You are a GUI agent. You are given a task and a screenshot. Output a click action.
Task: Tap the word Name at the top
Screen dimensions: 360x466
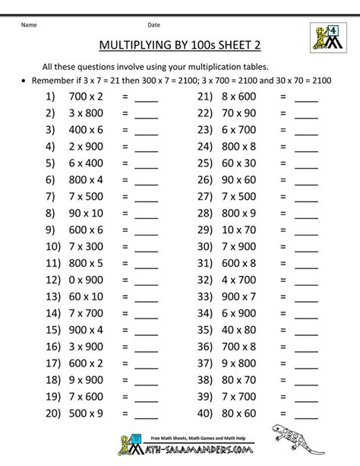click(29, 24)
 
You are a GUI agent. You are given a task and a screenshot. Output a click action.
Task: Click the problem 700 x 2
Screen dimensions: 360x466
click(80, 97)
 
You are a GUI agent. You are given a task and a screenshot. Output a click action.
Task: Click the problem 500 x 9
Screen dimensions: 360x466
click(80, 414)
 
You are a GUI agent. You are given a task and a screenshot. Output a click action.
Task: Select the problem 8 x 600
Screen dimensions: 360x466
click(240, 97)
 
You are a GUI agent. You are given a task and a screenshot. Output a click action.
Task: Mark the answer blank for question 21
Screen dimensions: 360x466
click(306, 99)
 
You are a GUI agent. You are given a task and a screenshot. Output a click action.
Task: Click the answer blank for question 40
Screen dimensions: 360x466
click(306, 415)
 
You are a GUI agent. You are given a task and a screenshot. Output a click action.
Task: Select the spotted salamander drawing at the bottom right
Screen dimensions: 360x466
click(320, 444)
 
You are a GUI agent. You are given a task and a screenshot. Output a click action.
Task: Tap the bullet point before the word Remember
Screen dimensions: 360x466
click(26, 80)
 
